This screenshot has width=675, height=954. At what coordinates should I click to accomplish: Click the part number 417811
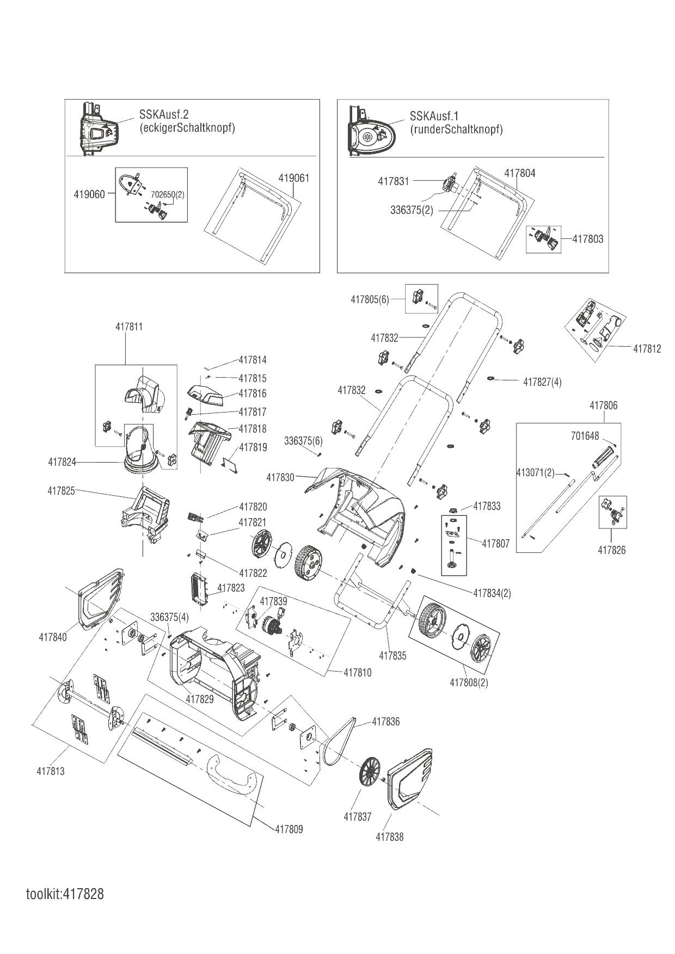[x=129, y=327]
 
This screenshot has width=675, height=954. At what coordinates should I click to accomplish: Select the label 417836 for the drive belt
[x=386, y=722]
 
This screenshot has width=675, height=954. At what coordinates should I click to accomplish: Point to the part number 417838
[x=390, y=837]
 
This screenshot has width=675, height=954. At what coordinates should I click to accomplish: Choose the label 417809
[x=289, y=829]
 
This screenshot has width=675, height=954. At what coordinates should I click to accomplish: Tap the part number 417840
[x=53, y=637]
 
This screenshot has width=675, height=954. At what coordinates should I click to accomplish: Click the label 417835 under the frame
[x=393, y=656]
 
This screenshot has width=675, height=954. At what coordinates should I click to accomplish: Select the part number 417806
[x=604, y=405]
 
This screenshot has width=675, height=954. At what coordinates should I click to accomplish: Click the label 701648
[x=585, y=436]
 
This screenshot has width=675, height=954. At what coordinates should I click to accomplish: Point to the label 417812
[x=647, y=349]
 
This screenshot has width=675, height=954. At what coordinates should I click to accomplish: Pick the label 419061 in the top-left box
[x=294, y=178]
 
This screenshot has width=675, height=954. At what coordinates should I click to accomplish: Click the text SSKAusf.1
[x=434, y=116]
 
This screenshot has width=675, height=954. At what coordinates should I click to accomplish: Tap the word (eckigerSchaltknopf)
[x=187, y=129]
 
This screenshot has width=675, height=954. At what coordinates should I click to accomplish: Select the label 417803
[x=588, y=239]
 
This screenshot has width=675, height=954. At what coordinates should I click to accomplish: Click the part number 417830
[x=280, y=477]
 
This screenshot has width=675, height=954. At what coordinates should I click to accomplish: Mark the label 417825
[x=61, y=491]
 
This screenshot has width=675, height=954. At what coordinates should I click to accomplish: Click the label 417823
[x=231, y=588]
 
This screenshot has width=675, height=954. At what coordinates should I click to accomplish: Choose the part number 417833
[x=487, y=506]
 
